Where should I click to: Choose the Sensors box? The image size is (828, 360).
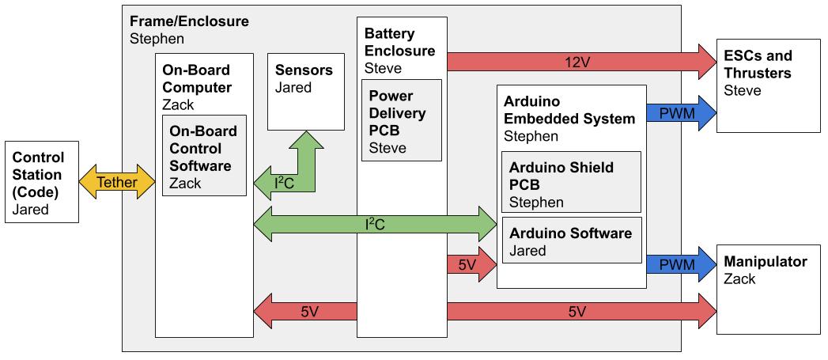(x=306, y=92)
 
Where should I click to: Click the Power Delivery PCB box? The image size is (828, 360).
(x=402, y=120)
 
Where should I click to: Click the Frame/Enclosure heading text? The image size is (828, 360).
(x=189, y=21)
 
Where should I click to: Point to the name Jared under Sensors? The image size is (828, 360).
(x=293, y=88)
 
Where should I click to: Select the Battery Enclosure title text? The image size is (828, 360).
(x=399, y=43)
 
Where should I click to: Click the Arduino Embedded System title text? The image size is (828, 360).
(x=569, y=111)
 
